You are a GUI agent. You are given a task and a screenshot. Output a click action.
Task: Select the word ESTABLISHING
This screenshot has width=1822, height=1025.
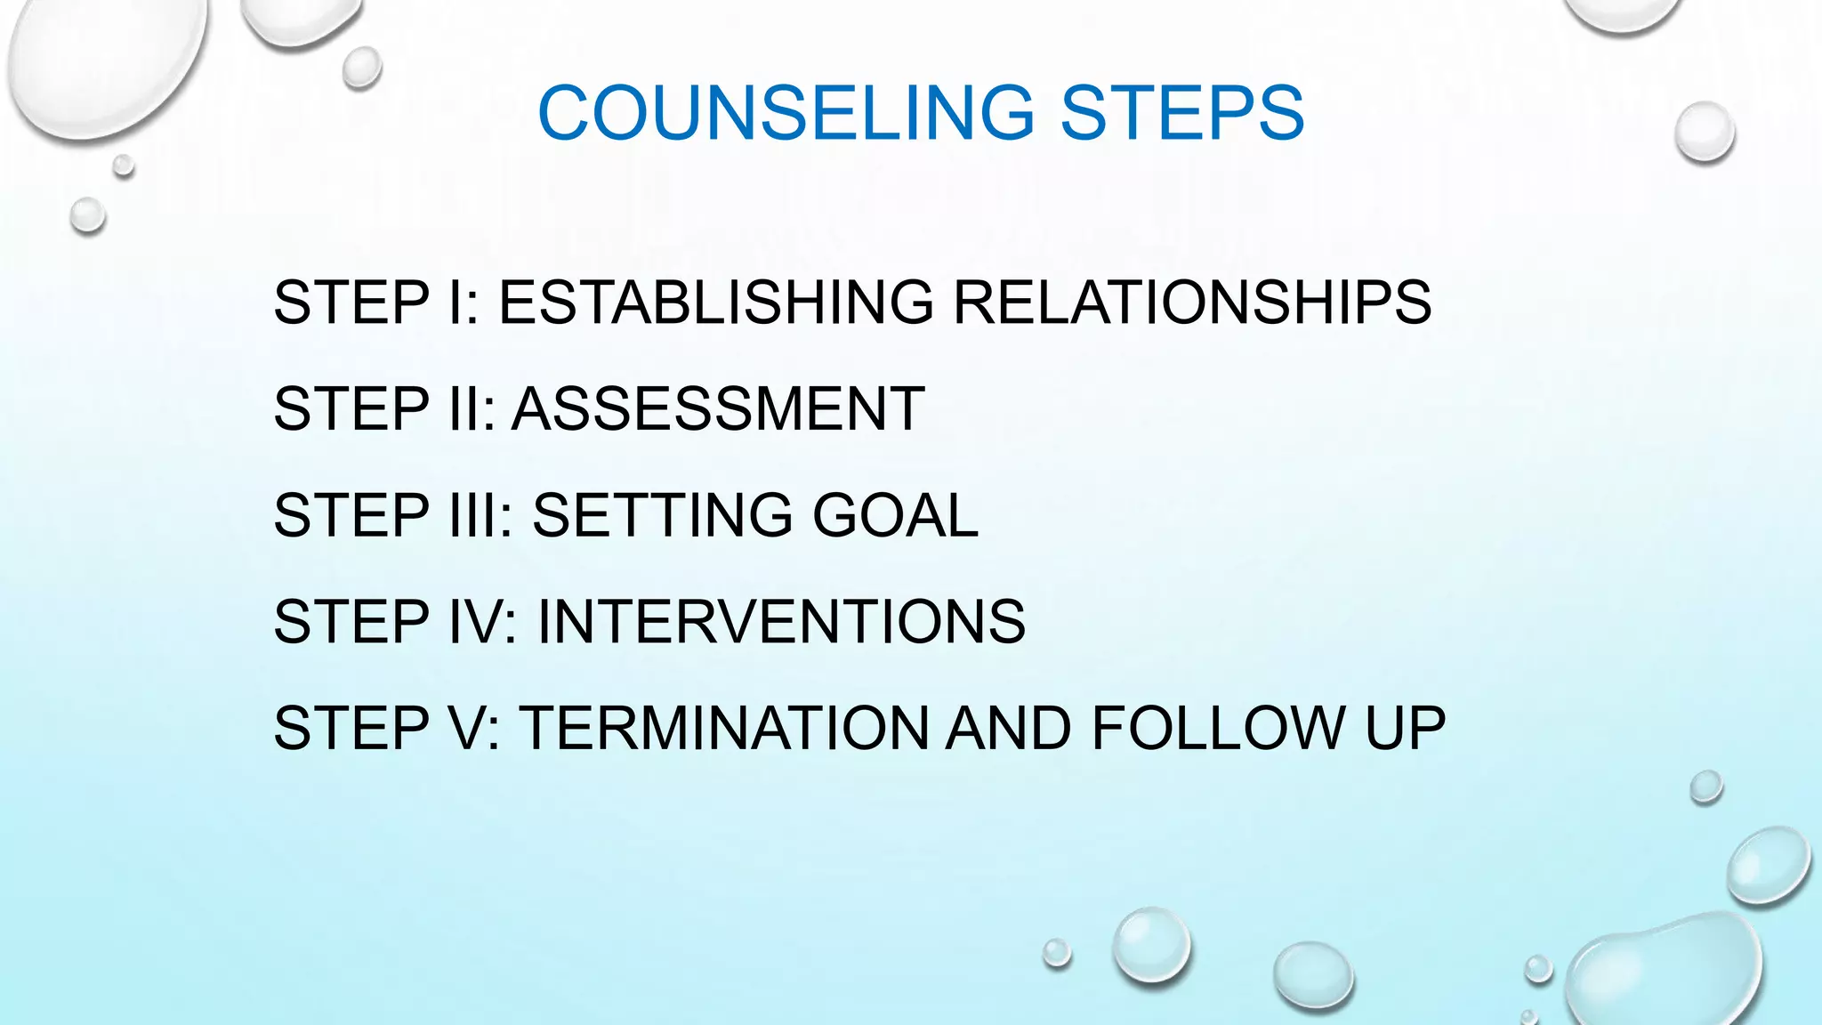[x=716, y=303]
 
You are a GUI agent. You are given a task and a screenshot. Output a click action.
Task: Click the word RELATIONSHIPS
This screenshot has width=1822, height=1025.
[x=1192, y=303]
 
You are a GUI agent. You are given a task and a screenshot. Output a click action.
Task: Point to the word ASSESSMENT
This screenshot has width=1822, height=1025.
[x=718, y=409]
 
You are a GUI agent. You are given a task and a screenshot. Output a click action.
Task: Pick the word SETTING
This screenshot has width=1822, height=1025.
[x=662, y=515]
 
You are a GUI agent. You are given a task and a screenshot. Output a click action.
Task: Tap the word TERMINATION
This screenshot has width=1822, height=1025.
[x=724, y=728]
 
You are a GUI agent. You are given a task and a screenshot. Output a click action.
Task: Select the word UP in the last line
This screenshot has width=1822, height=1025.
[x=1406, y=728]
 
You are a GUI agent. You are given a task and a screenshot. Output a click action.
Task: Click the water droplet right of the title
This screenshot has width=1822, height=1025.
[x=1705, y=132]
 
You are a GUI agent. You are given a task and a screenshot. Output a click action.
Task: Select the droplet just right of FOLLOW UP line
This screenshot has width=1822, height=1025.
[x=1705, y=787]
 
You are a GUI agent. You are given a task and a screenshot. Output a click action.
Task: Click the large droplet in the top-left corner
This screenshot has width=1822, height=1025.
[x=107, y=62]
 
